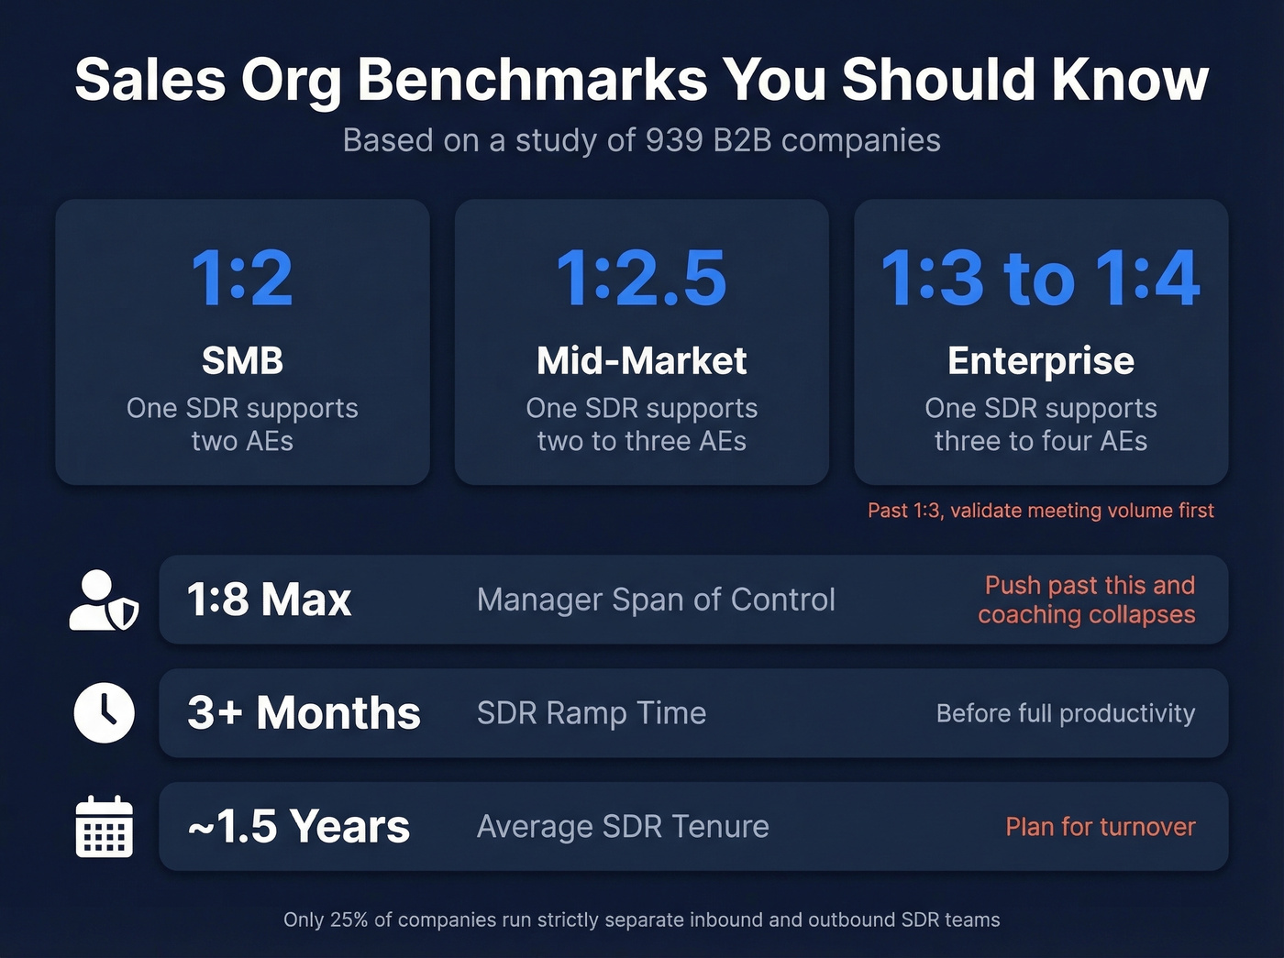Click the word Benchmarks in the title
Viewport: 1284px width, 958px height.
click(x=532, y=81)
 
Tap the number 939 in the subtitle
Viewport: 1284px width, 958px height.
click(x=674, y=140)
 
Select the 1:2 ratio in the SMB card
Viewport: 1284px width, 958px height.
click(x=242, y=278)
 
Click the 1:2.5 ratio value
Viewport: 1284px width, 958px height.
click(x=641, y=278)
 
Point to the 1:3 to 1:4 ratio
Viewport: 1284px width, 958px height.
click(x=1040, y=278)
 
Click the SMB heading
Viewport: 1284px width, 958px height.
click(x=242, y=361)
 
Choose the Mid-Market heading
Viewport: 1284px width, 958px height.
click(x=641, y=361)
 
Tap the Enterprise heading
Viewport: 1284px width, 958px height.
click(x=1040, y=361)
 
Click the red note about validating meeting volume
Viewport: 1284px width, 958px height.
click(x=1040, y=511)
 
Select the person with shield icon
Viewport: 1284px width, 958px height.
click(x=104, y=600)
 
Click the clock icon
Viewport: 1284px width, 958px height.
click(x=104, y=713)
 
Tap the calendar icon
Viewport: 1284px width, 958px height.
click(x=104, y=827)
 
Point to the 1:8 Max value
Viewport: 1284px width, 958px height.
click(x=269, y=600)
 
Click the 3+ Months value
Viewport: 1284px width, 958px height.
click(x=304, y=713)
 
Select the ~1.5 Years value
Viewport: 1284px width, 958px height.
click(x=298, y=827)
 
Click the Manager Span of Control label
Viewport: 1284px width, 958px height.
click(x=656, y=600)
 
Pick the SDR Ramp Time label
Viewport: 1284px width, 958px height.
click(x=592, y=713)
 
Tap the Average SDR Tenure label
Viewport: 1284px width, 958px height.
click(x=623, y=827)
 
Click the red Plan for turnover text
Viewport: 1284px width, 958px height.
click(x=1100, y=827)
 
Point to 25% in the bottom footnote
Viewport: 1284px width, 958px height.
click(x=349, y=919)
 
